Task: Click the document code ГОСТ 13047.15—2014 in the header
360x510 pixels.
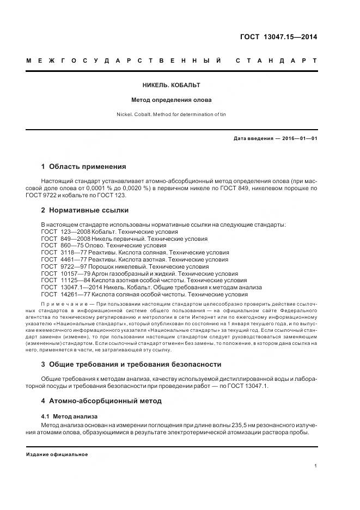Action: (278, 38)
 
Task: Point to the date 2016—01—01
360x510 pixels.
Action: (298, 139)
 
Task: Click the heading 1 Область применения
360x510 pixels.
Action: (83, 167)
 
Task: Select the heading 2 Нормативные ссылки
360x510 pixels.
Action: (85, 210)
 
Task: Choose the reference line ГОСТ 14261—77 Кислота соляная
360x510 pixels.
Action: (152, 295)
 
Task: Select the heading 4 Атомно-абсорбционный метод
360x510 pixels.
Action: (101, 401)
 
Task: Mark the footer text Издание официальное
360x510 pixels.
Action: (57, 454)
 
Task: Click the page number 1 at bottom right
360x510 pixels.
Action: (316, 466)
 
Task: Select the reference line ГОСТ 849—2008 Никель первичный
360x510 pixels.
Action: (124, 239)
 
